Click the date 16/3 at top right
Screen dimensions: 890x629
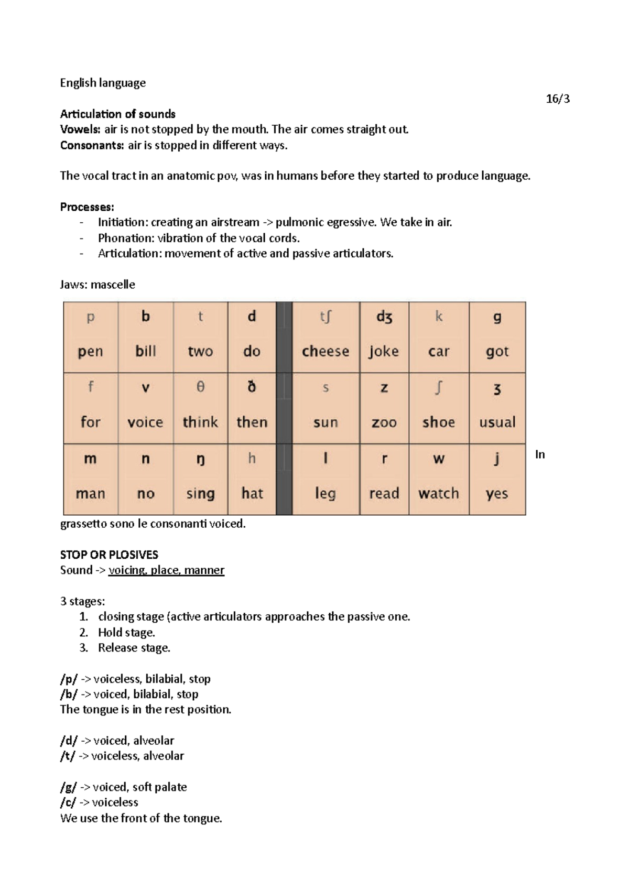tap(557, 99)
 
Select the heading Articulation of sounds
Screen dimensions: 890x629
tap(117, 114)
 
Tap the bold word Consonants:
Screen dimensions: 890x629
tap(92, 145)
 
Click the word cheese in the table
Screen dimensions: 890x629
tap(325, 351)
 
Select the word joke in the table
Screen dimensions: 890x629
tap(384, 351)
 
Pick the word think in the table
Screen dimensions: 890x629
tap(200, 422)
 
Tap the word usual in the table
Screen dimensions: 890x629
tap(497, 422)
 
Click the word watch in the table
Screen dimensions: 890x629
tap(438, 493)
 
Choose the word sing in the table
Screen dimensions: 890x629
tap(200, 494)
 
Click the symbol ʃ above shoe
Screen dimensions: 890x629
tap(439, 388)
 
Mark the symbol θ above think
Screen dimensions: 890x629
tap(200, 387)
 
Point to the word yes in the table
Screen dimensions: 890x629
tap(496, 494)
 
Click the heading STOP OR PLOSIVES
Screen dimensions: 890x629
tap(109, 555)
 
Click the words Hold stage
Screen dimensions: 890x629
tap(126, 632)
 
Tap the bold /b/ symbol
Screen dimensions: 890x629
tap(69, 694)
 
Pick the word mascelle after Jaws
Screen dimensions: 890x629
tap(113, 285)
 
